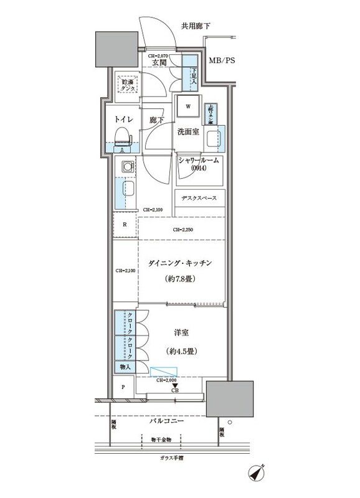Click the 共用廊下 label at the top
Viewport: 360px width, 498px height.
pos(196,26)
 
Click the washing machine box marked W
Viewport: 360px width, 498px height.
pos(187,106)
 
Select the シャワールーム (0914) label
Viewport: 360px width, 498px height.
pos(199,164)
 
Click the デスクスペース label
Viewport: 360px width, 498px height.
pos(199,199)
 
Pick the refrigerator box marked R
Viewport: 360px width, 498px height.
pos(125,225)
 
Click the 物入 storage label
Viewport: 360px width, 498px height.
pos(125,368)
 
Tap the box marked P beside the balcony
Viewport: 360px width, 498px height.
pos(123,387)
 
